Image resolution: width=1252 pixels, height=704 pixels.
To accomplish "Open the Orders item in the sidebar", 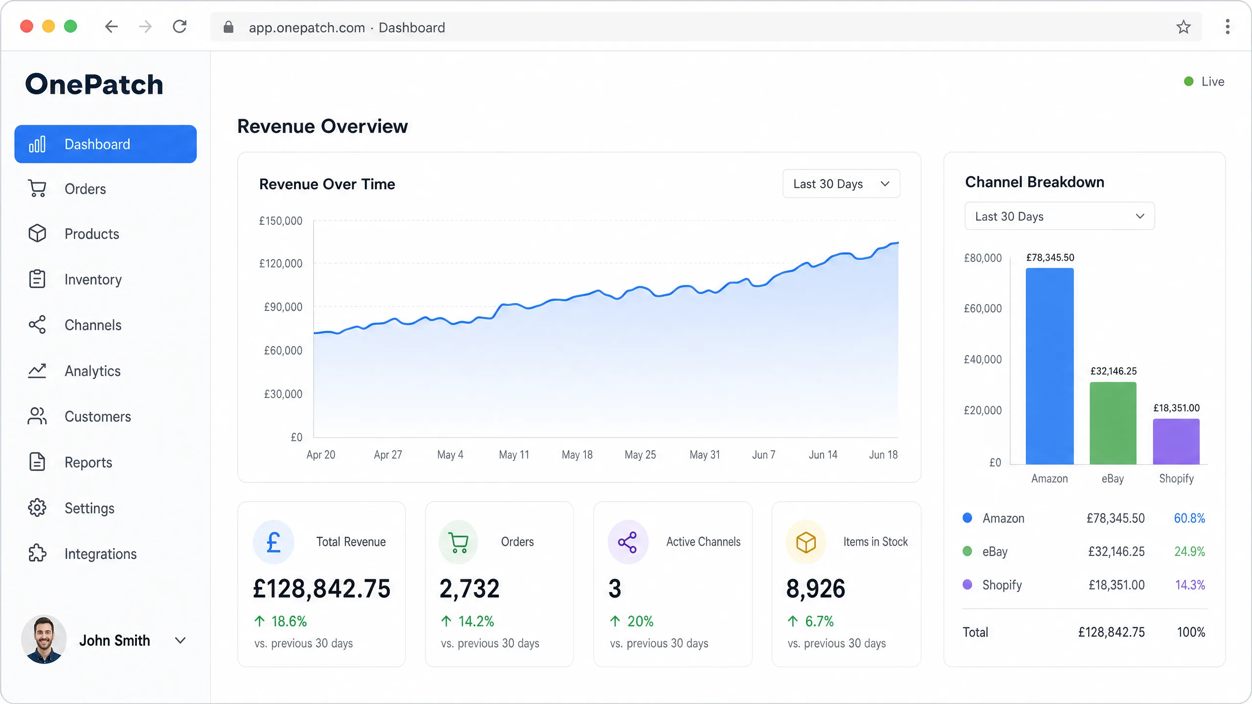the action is click(85, 189).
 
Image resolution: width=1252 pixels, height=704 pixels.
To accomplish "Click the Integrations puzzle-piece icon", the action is click(37, 553).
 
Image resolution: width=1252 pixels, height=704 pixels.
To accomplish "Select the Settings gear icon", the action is click(37, 508).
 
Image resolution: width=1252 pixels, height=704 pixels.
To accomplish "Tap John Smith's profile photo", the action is click(44, 639).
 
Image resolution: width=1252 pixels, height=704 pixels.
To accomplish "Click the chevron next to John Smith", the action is click(180, 640).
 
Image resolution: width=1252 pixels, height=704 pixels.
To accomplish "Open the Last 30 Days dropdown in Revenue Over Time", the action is click(841, 184).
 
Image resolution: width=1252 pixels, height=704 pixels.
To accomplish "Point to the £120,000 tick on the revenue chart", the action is click(281, 264).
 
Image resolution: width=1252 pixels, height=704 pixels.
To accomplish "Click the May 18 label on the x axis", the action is click(577, 455).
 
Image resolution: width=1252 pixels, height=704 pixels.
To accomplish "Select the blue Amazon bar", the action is click(1050, 366).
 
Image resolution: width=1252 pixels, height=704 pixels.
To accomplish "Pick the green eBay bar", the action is click(1113, 423).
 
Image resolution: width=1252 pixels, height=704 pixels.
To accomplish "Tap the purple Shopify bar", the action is click(1176, 441).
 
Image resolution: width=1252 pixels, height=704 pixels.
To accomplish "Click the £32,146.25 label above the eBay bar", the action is click(1114, 371).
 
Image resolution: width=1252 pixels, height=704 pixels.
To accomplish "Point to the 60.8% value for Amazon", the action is click(1189, 518).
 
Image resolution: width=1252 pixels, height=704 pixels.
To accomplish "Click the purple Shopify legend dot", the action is click(967, 584).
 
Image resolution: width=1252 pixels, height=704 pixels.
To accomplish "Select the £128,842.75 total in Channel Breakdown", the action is click(1112, 632).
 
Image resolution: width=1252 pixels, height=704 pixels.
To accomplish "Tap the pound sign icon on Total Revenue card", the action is click(273, 542).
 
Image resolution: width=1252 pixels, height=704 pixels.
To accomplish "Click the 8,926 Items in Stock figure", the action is click(815, 588).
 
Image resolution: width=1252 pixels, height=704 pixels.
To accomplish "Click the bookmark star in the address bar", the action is click(1184, 27).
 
